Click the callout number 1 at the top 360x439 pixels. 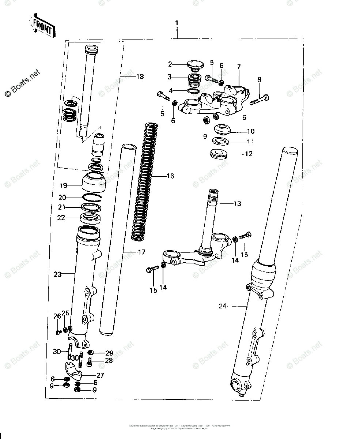tap(177, 23)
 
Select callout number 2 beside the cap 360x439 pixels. tap(170, 65)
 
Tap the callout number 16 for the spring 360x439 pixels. tap(170, 176)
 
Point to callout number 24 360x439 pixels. tap(222, 306)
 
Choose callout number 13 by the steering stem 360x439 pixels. tap(237, 203)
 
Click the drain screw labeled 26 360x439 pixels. tap(57, 332)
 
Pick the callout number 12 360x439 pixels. tap(249, 154)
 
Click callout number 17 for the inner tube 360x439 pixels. tap(141, 252)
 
